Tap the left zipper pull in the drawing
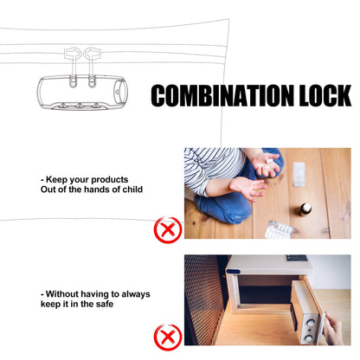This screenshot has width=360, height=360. (x=73, y=67)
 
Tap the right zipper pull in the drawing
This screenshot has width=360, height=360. (x=92, y=67)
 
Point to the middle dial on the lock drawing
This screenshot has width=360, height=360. (x=80, y=105)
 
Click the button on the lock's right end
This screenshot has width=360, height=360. (x=120, y=92)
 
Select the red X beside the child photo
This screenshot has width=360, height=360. (x=168, y=229)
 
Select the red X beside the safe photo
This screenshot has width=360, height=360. (x=168, y=337)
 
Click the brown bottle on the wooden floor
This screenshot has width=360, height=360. (x=305, y=209)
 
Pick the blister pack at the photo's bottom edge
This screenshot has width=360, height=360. (x=279, y=230)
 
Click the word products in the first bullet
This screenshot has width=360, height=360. (x=110, y=180)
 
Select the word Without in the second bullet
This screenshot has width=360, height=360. (x=62, y=294)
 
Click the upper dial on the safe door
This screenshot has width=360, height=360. (x=310, y=324)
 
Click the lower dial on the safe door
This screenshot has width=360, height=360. (x=309, y=337)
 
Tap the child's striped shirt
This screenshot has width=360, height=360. (x=212, y=167)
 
